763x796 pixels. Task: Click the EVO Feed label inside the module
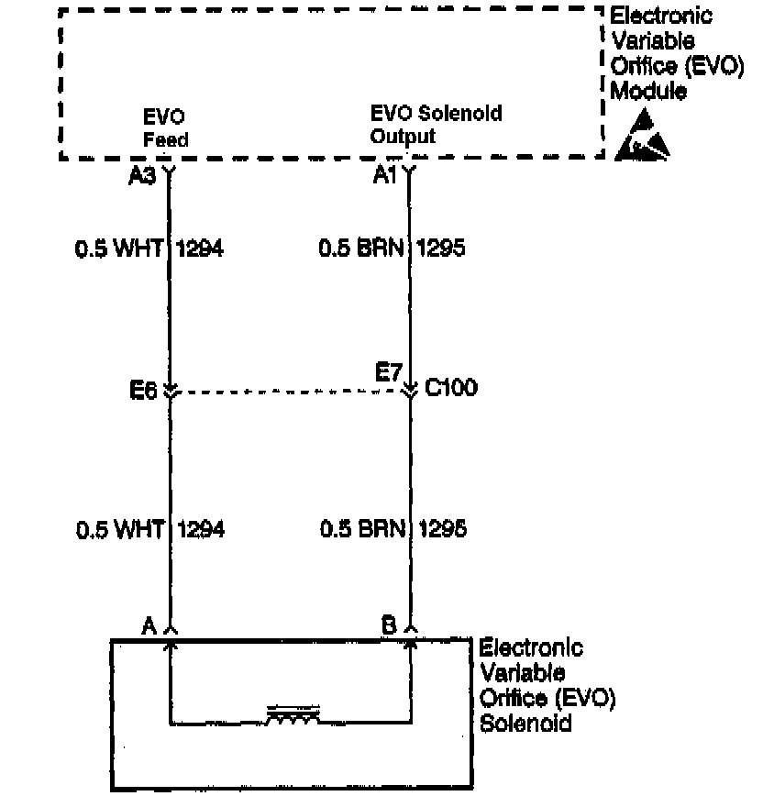[165, 128]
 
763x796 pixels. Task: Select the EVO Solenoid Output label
[436, 126]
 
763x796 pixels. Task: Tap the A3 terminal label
[142, 174]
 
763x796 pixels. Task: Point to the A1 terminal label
[385, 174]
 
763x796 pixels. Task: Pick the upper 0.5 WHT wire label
[119, 249]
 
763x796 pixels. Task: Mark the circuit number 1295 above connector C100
[441, 249]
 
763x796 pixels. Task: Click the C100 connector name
[451, 389]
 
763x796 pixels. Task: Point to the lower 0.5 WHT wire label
[119, 529]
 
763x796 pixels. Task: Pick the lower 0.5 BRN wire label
[363, 529]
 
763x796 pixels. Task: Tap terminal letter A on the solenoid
[147, 626]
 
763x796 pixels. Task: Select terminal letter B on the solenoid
[389, 626]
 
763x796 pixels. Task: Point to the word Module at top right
[648, 92]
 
